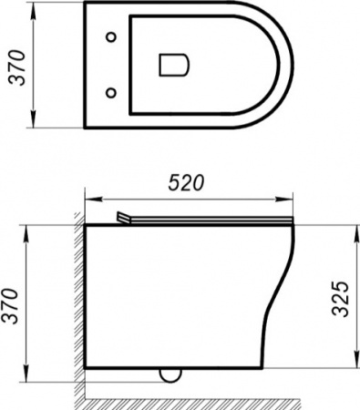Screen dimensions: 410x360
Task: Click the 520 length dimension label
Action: coord(187,183)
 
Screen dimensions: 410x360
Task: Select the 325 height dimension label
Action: coord(338,296)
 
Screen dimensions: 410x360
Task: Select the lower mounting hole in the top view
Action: coord(111,91)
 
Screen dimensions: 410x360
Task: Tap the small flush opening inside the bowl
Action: coord(172,65)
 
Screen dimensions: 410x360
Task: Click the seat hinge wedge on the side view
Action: coord(124,216)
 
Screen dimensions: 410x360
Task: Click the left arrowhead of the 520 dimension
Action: coord(87,197)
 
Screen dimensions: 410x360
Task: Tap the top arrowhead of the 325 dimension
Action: coord(350,228)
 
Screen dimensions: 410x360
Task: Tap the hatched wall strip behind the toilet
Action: coord(74,301)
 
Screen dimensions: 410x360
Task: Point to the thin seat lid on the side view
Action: coord(210,219)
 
